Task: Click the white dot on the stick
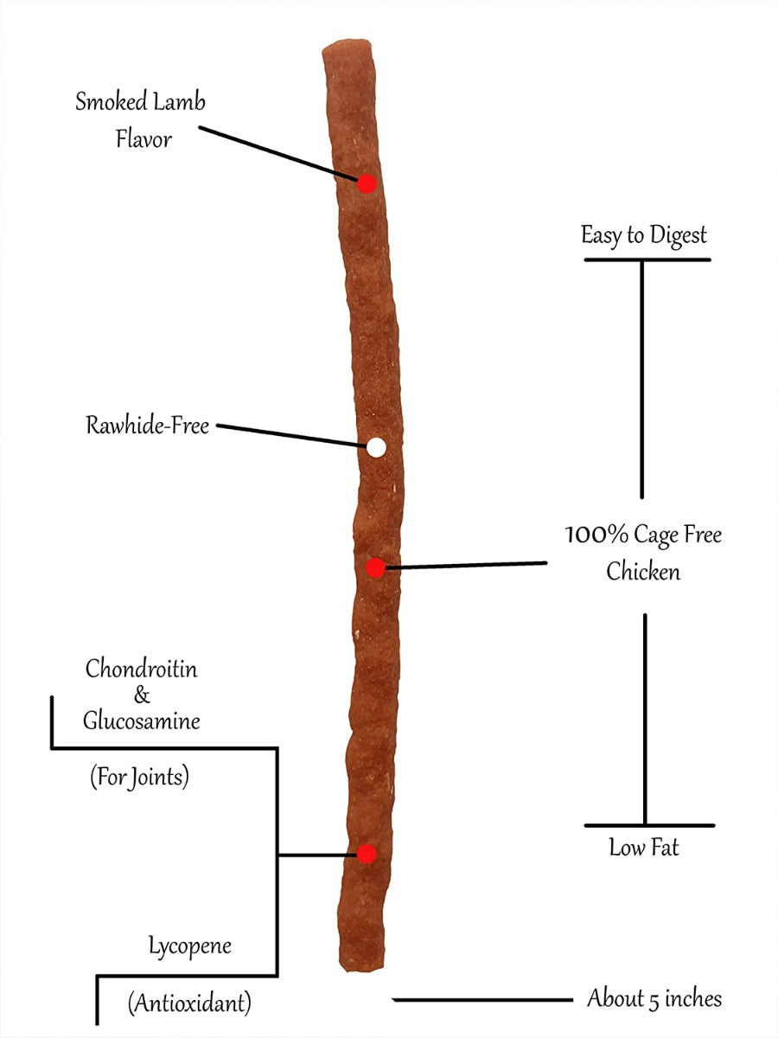coord(376,447)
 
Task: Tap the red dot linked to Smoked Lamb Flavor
coord(367,183)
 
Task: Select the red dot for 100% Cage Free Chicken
coord(375,568)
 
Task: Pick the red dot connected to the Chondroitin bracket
coord(367,854)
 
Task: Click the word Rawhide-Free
coord(147,426)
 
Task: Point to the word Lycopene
coord(189,945)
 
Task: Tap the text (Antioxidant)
coord(189,1003)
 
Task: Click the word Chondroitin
coord(141,669)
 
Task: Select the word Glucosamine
coord(141,721)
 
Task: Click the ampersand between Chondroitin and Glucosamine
coord(142,695)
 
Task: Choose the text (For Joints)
coord(139,778)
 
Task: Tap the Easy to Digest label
coord(644,235)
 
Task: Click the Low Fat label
coord(644,848)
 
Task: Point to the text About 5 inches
coord(654,999)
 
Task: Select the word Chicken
coord(643,572)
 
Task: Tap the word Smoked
coord(108,101)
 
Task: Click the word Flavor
coord(143,138)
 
